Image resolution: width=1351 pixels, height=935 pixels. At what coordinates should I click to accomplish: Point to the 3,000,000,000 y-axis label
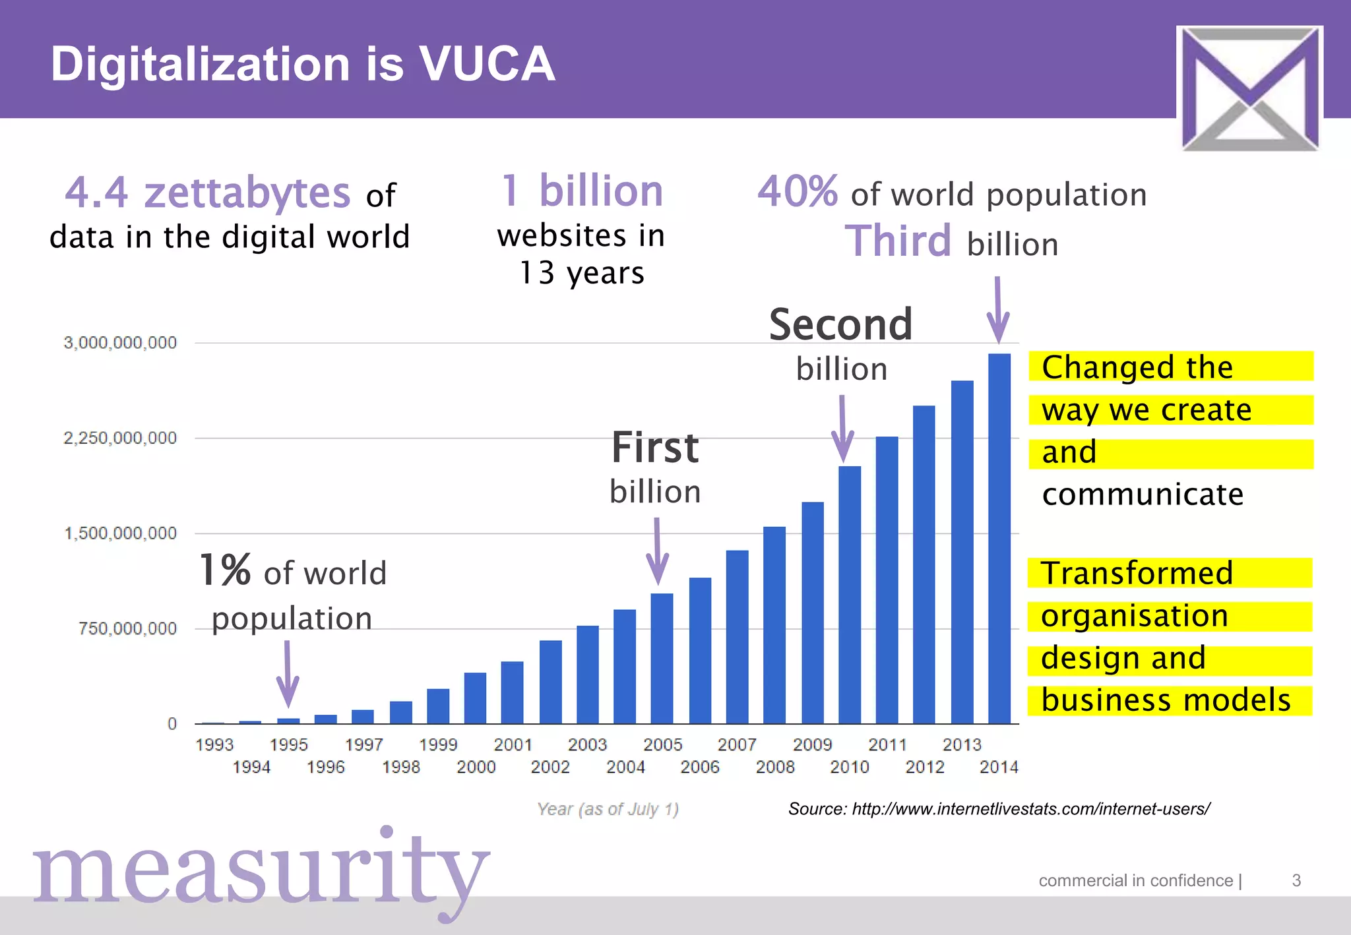(120, 343)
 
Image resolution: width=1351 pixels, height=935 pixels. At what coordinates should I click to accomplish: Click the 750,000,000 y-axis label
(127, 628)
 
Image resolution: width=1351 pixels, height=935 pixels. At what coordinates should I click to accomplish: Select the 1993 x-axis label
(214, 744)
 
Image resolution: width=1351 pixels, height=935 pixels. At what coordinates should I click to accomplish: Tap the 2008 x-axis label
(775, 767)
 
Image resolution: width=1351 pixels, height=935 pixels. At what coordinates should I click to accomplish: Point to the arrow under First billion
(657, 551)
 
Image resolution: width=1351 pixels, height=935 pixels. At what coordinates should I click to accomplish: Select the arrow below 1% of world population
(288, 673)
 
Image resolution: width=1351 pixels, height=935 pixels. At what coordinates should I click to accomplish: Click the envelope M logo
(1249, 88)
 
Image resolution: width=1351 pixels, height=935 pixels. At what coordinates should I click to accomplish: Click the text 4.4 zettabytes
(207, 193)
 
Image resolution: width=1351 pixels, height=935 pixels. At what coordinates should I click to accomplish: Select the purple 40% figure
(798, 191)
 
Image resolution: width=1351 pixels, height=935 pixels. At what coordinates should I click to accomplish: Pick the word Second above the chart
(840, 324)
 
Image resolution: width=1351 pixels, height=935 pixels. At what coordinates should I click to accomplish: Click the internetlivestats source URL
(1030, 808)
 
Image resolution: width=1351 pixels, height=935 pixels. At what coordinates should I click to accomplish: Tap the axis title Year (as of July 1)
(608, 808)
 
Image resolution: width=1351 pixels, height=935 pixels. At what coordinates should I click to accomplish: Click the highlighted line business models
(1166, 700)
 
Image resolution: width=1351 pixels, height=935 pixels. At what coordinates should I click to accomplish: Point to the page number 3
(1296, 880)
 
